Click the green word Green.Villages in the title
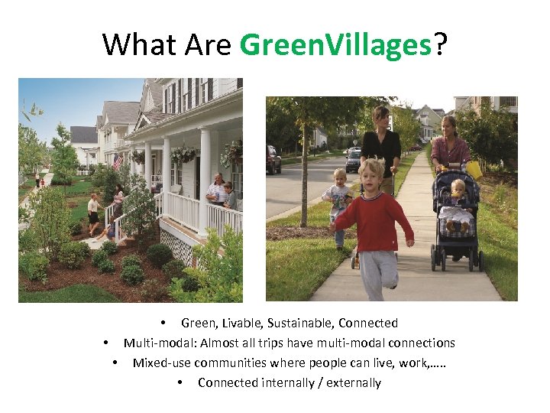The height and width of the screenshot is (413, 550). coord(336,46)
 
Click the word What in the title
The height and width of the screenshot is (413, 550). coord(134,46)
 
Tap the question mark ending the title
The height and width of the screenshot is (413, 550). coord(441,46)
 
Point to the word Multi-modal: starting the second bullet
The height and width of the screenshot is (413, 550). coord(156,343)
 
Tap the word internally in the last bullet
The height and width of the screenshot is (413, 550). coord(293,382)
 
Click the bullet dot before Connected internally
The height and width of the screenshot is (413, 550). coord(179,382)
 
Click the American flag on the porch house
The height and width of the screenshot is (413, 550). coord(117,161)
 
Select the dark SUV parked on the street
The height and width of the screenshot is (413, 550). coord(273,159)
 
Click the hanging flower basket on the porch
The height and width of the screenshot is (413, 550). coord(183,154)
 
